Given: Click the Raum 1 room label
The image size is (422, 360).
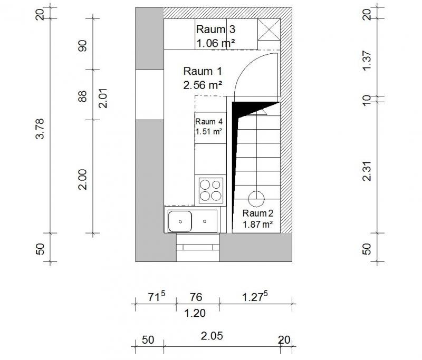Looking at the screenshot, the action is (x=203, y=71).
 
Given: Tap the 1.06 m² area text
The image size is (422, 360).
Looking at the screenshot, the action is (x=216, y=43).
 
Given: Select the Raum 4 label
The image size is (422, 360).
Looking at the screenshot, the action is (x=209, y=122).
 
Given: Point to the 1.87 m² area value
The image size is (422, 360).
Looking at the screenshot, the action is (x=258, y=224).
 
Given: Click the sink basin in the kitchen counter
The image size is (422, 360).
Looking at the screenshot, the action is (x=180, y=221).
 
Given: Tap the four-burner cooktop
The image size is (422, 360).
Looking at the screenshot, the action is (x=211, y=190).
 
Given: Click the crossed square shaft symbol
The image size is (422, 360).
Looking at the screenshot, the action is (x=269, y=30).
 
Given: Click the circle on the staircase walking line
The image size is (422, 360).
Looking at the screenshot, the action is (x=256, y=199).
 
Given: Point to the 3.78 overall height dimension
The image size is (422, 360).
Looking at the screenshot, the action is (x=40, y=129).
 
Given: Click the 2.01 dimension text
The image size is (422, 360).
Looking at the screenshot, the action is (x=103, y=98).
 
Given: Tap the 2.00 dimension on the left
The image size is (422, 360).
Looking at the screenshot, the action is (x=83, y=179).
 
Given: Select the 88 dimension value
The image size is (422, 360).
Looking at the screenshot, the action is (x=82, y=96).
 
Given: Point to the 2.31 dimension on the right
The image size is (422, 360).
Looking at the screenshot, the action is (x=367, y=171).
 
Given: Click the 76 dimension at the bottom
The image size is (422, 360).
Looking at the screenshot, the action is (x=196, y=297).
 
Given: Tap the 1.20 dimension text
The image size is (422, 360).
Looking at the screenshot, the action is (x=195, y=313).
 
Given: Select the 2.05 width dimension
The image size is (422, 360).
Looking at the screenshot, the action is (x=212, y=336).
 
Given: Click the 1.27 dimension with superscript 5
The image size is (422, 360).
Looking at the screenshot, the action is (x=255, y=297).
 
